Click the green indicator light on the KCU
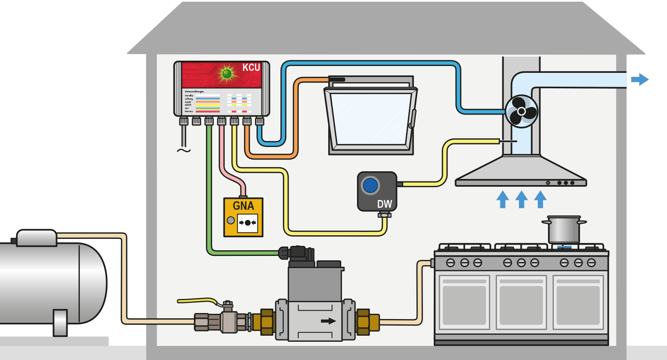227,74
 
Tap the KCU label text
251,68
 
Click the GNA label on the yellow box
243,206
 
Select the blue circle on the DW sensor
370,185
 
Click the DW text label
384,204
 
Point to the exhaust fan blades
521,111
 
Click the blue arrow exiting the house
639,79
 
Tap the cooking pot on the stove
564,230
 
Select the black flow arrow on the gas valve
328,321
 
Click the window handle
413,119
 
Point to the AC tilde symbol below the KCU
183,151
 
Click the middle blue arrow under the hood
521,199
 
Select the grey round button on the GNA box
231,220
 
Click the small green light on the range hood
548,183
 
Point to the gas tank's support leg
60,323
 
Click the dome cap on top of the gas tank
36,238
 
